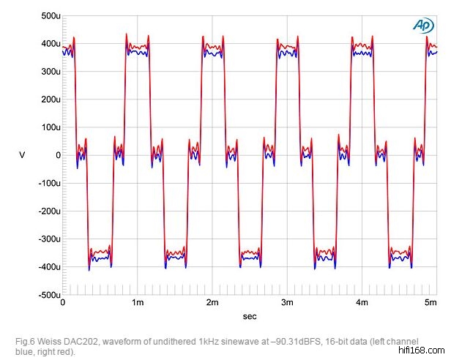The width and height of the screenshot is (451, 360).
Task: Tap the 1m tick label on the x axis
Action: point(138,302)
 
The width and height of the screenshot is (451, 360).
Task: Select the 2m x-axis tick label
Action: point(212,302)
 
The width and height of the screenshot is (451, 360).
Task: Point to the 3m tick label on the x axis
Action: point(287,302)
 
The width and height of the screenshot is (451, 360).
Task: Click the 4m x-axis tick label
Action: point(362,302)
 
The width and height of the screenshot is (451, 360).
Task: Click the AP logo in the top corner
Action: point(423,24)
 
